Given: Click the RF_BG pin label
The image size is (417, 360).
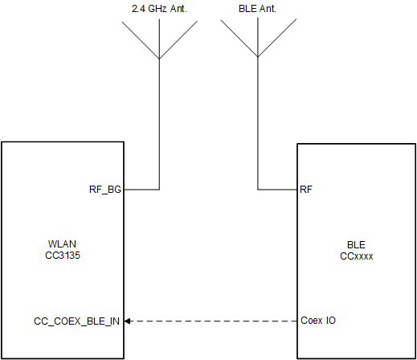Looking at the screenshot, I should [x=104, y=190].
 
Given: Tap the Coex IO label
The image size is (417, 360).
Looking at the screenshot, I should [x=317, y=321].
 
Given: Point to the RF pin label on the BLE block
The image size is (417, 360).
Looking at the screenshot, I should [x=306, y=190].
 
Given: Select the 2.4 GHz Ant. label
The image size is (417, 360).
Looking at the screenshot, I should [x=159, y=9].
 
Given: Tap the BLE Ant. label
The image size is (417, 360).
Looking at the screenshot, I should [x=257, y=9].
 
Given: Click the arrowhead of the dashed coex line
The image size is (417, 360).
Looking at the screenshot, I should [x=128, y=321].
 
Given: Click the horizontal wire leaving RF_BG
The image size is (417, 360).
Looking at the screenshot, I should [x=141, y=190].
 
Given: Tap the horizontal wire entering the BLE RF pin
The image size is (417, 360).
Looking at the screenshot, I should [x=277, y=190].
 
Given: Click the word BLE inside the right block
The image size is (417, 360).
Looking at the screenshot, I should [x=357, y=243].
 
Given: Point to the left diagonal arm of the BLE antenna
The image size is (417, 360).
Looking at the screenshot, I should [x=239, y=39].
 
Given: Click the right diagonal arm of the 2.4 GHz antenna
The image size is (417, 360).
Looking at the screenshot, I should [x=178, y=39].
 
